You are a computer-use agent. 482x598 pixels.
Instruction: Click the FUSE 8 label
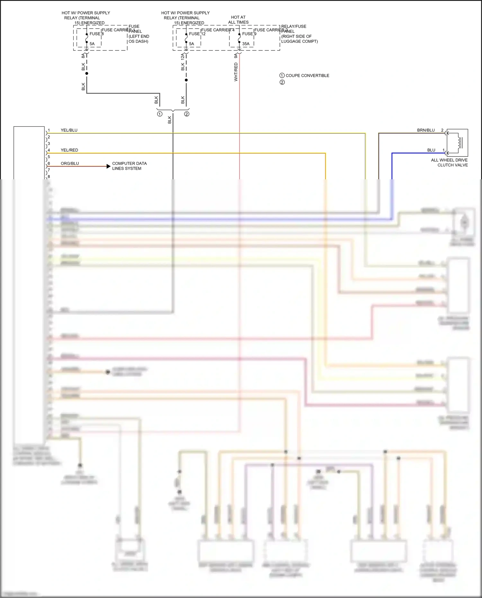coord(96,34)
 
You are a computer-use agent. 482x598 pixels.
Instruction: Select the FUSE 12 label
coord(197,34)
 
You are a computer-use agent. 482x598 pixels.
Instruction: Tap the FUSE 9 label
coord(249,34)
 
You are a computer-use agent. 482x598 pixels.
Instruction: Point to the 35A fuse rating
coord(246,44)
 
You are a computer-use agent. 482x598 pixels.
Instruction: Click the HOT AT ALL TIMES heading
coord(238,20)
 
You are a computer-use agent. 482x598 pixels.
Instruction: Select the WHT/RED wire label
coord(236,72)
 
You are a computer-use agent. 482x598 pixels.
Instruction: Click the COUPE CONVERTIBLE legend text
coord(307,76)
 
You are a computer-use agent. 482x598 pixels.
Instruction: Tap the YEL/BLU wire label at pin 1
coord(69,130)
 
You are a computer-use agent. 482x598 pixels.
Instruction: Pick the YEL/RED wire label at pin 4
coord(69,150)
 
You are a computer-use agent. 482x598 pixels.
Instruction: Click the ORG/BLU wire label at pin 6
coord(70,163)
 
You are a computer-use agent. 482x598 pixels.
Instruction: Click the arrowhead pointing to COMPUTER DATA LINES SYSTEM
coord(108,166)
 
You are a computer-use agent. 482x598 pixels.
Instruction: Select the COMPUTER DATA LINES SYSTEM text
coord(129,166)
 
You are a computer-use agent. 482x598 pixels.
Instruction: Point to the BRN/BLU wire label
coord(426,130)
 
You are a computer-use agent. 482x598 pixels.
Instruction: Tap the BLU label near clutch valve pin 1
coord(431,150)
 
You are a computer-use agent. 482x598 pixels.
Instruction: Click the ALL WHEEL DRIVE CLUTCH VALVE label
coord(449,162)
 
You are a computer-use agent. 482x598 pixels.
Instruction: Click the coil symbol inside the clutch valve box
coord(460,143)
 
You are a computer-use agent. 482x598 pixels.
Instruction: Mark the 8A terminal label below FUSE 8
coord(83,56)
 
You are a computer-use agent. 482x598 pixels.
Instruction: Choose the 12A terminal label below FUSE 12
coord(183,57)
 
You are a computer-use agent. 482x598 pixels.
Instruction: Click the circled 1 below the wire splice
coord(160,114)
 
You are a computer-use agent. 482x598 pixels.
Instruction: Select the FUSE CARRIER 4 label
coord(218,30)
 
